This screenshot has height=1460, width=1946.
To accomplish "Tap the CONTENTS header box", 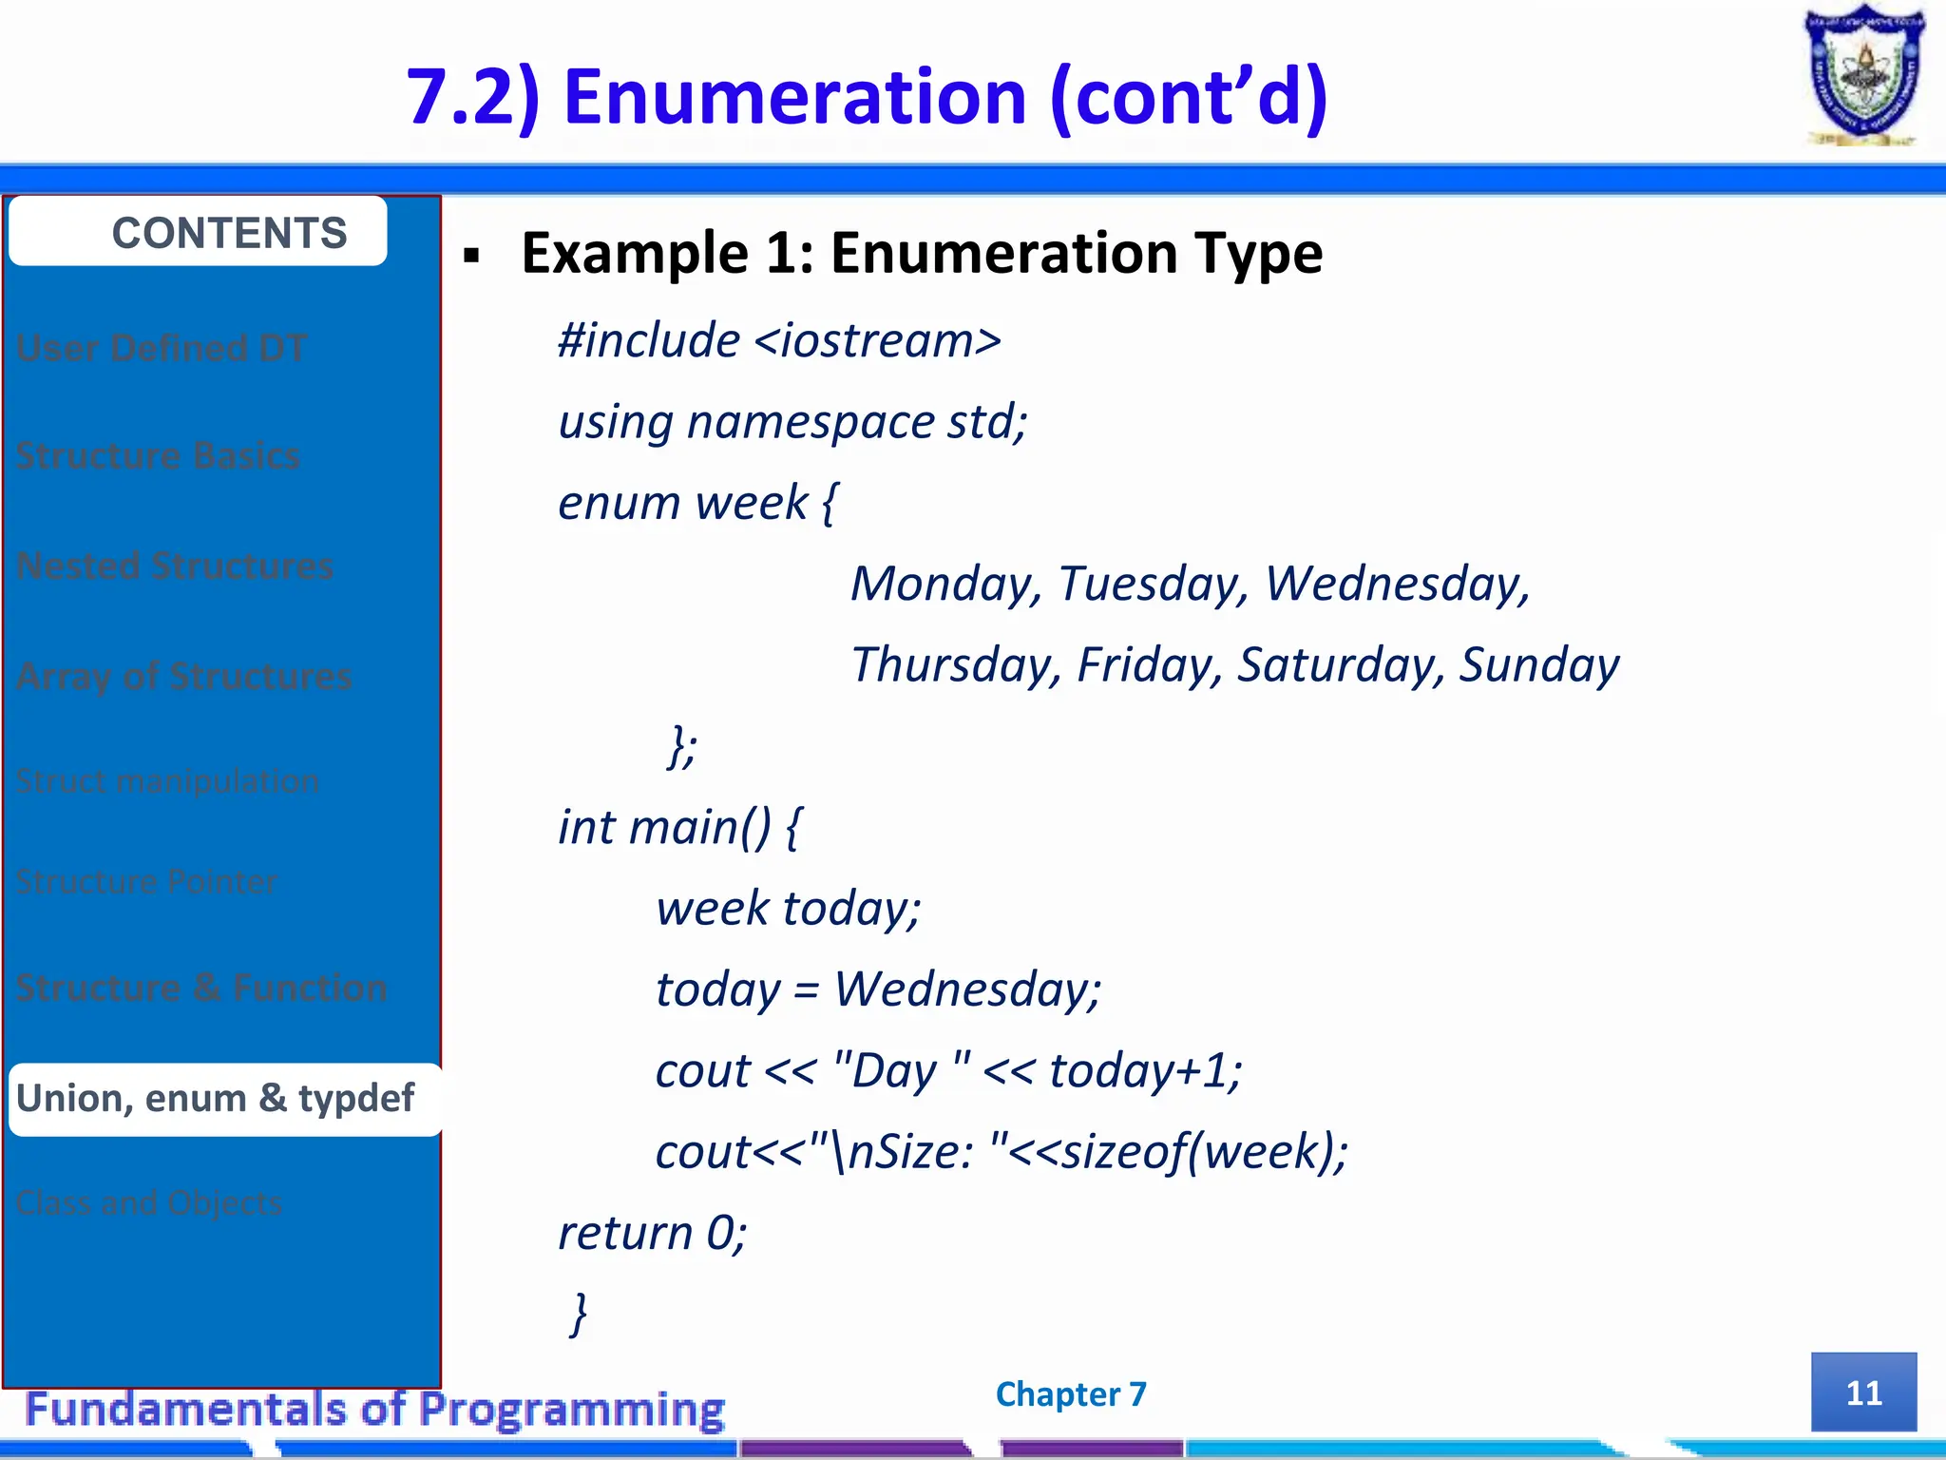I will [x=198, y=232].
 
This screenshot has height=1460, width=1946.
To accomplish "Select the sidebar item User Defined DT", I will [x=162, y=348].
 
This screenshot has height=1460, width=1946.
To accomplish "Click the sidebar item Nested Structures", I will [x=175, y=566].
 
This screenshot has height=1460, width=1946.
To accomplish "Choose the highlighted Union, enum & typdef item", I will [x=217, y=1098].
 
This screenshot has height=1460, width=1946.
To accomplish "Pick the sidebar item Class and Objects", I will [x=149, y=1202].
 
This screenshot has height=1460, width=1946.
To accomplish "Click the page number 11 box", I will [x=1862, y=1393].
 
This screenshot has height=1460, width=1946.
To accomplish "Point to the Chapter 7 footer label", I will [x=1071, y=1393].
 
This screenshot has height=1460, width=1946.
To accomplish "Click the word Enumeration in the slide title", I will [x=794, y=97].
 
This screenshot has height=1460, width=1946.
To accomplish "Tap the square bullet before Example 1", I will [x=472, y=255].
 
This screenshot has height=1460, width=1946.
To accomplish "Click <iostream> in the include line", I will [x=878, y=340].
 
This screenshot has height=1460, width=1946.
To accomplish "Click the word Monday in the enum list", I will [x=944, y=584].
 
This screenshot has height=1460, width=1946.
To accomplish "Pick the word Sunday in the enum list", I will [x=1539, y=664].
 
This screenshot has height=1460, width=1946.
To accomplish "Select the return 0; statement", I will [x=653, y=1233].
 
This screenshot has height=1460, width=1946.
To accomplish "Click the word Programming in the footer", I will [x=572, y=1409].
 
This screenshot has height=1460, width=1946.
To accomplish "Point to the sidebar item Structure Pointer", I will [x=146, y=881].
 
